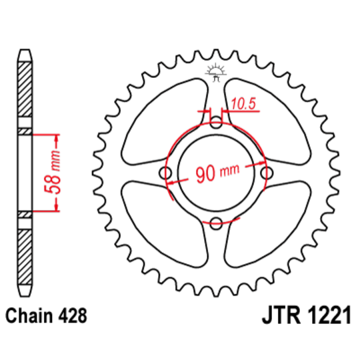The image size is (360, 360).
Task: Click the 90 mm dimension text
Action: (x=217, y=174)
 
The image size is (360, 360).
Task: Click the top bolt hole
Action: (x=216, y=124)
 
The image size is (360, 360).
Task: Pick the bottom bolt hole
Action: (x=216, y=223)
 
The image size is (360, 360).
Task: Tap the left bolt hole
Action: (x=166, y=173)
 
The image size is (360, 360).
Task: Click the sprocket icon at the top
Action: (x=216, y=71)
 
